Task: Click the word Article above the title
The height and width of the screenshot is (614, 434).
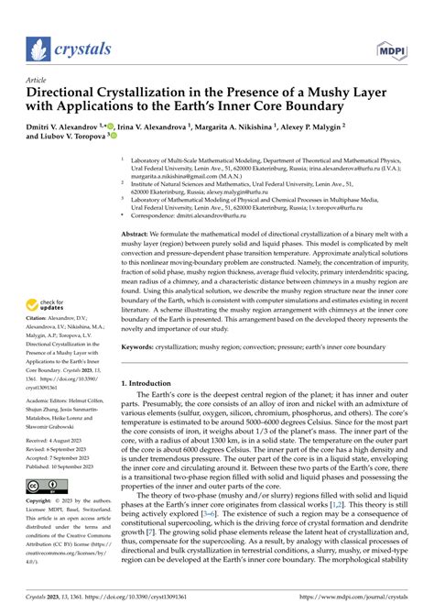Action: [39, 80]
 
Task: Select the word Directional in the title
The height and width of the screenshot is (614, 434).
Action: [69, 93]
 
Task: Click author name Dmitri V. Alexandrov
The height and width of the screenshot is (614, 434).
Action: [68, 122]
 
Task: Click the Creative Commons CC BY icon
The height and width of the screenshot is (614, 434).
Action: [47, 487]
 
